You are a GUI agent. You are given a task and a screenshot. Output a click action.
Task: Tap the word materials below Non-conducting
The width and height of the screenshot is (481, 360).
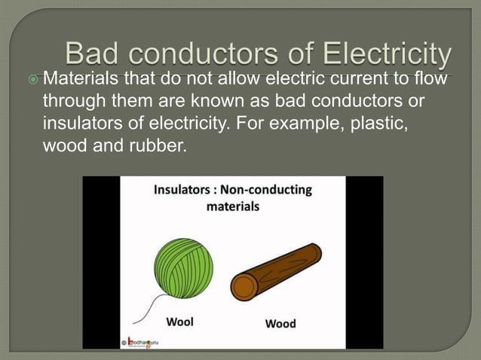pos(232,206)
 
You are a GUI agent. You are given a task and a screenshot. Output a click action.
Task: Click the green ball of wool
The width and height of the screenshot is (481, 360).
pos(183,267)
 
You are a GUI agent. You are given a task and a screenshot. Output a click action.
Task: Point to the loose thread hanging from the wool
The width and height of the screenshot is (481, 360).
pos(153,309)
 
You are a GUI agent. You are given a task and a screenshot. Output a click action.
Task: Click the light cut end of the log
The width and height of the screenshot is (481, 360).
pos(244,287)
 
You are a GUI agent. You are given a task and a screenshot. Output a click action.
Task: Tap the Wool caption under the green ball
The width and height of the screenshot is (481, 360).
pos(179,322)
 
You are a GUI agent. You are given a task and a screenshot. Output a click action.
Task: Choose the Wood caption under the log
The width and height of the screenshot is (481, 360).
pos(280,323)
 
